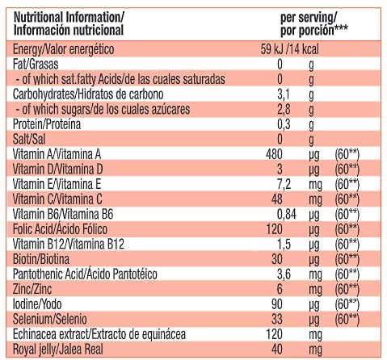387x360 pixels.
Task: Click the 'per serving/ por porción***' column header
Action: [314, 24]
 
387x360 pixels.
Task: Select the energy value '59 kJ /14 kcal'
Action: [289, 49]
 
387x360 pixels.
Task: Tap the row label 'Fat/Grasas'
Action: [36, 65]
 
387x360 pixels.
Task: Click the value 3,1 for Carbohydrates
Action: [284, 94]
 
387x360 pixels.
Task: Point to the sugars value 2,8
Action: [284, 110]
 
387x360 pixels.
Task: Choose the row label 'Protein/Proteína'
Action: [47, 124]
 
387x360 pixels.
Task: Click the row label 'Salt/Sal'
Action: [29, 140]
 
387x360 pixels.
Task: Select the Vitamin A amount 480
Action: [274, 154]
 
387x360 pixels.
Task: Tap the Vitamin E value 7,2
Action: [284, 185]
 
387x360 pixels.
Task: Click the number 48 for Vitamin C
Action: [277, 199]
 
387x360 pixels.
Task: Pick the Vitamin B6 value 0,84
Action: [287, 215]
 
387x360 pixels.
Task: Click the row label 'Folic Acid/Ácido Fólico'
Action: [60, 229]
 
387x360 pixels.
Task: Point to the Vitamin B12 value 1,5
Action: [284, 245]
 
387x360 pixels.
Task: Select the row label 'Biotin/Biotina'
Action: [41, 259]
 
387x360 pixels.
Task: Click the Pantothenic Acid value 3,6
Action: [284, 274]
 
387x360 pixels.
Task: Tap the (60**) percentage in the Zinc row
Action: [347, 290]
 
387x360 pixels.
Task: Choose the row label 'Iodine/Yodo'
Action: [37, 304]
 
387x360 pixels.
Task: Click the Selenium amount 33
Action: [277, 320]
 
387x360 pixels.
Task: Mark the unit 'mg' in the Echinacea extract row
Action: [315, 335]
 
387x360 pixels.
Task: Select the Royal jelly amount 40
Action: [277, 350]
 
